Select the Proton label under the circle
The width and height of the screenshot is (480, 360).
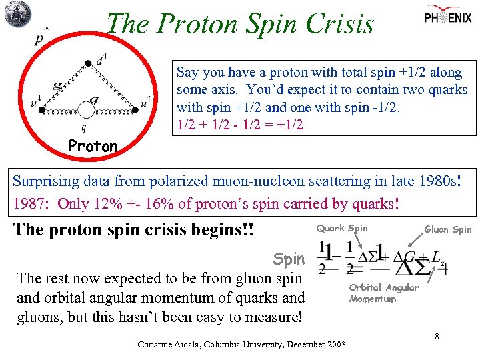[x=93, y=146]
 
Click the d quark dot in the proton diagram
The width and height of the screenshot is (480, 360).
[x=89, y=64]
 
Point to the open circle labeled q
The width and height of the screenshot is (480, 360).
[x=86, y=110]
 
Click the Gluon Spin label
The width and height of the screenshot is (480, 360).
[x=448, y=229]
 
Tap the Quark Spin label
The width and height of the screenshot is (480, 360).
[x=341, y=228]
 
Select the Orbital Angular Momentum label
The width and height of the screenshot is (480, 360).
[x=383, y=293]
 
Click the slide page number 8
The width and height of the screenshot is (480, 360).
[x=437, y=336]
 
